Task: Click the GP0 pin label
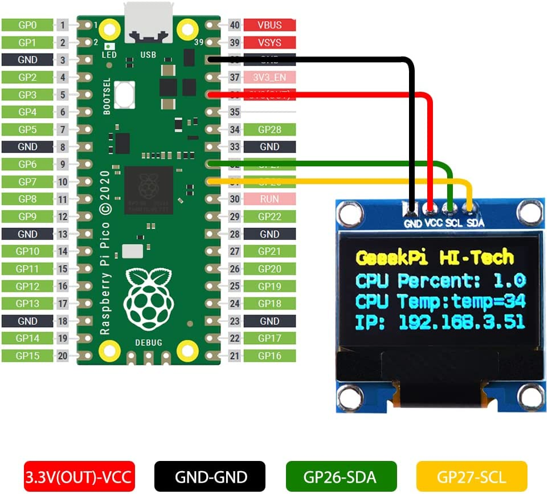[x=27, y=25]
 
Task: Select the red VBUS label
[x=269, y=25]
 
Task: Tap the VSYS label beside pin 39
[x=269, y=43]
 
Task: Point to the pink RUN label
[x=269, y=199]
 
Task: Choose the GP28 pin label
[x=269, y=130]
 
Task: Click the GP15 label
[x=27, y=356]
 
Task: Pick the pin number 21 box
[x=234, y=356]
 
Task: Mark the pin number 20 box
[x=63, y=356]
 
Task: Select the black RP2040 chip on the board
[x=148, y=190]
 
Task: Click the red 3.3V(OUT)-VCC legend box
[x=79, y=476]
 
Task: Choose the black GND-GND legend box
[x=210, y=476]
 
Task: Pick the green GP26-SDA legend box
[x=341, y=476]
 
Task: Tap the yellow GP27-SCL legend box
[x=472, y=476]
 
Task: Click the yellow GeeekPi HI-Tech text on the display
[x=434, y=258]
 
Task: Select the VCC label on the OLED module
[x=434, y=223]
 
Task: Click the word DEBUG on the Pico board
[x=148, y=342]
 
